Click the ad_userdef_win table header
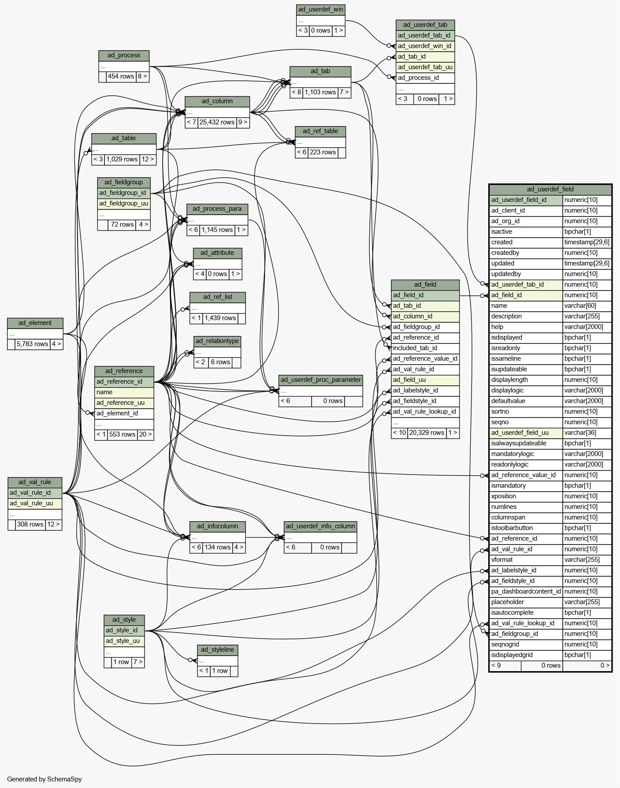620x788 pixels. click(321, 10)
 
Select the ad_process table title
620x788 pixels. click(124, 56)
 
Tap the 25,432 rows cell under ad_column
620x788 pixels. click(217, 123)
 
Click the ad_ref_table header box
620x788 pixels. click(320, 131)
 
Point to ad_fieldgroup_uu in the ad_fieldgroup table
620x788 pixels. click(124, 204)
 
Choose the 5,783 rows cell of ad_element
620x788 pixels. click(33, 344)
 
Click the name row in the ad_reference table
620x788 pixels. click(124, 392)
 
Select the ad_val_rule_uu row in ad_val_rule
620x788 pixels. click(35, 504)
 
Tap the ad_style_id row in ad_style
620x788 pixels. click(124, 631)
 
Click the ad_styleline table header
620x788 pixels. click(218, 650)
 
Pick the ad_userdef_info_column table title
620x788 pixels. click(320, 527)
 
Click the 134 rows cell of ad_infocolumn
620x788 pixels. click(218, 548)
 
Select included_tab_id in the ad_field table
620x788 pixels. click(415, 348)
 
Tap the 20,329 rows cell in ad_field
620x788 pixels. click(427, 433)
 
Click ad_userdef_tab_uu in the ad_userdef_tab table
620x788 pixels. click(425, 67)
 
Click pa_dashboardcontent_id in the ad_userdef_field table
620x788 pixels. click(526, 592)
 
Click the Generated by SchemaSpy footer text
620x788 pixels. click(45, 779)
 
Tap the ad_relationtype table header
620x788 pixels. click(217, 341)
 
